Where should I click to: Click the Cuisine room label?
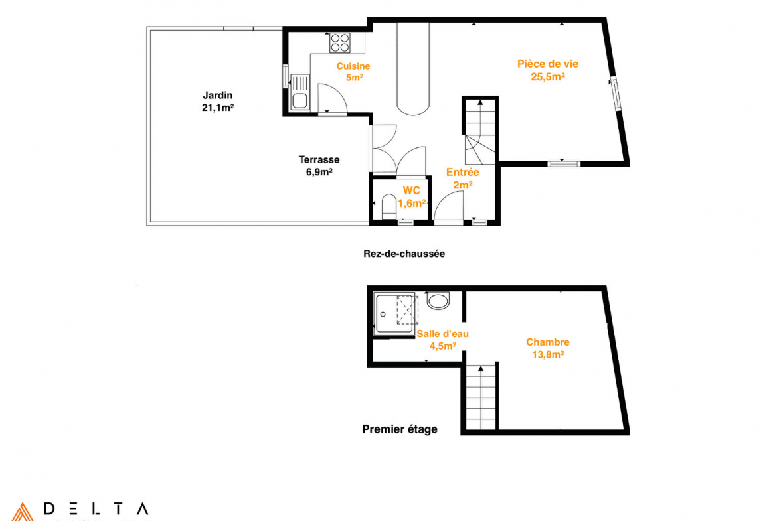click(353, 66)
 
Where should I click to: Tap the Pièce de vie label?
click(548, 64)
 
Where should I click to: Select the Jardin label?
click(218, 95)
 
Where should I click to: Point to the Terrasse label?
click(319, 159)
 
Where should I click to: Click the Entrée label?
click(463, 173)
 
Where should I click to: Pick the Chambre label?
click(548, 342)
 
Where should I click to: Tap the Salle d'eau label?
click(442, 334)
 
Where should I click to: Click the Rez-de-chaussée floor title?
click(404, 254)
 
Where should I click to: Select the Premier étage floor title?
click(399, 429)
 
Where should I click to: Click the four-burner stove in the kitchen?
click(340, 42)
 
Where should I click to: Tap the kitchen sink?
click(300, 92)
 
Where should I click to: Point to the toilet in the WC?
click(389, 206)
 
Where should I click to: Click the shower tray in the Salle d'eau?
click(394, 313)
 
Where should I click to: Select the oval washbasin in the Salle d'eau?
click(438, 301)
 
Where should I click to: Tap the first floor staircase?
click(481, 398)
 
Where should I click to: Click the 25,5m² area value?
click(548, 77)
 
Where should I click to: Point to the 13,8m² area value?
click(548, 354)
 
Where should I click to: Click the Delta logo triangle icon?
click(23, 512)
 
